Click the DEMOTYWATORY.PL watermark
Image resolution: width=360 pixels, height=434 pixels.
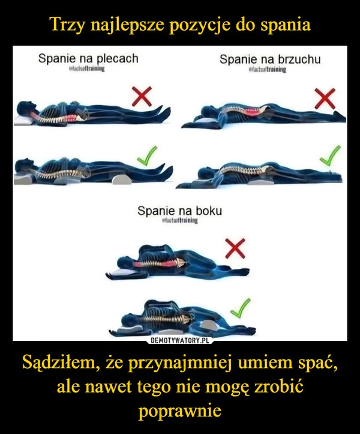tap(181, 340)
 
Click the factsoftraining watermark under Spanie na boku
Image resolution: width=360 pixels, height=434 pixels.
tap(179, 221)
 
